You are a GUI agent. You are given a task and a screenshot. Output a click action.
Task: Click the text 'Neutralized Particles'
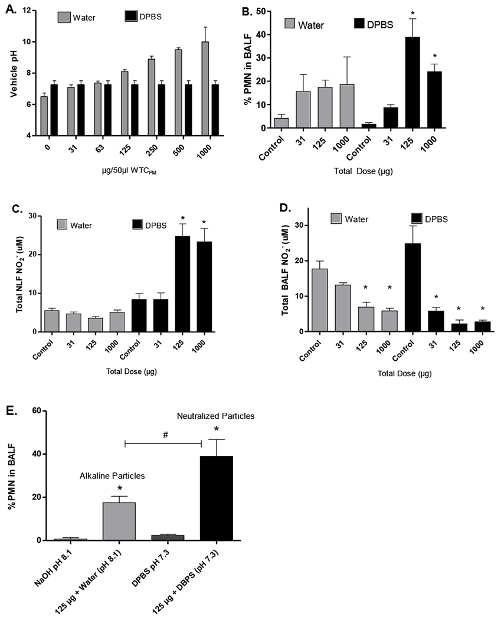point(218,416)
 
